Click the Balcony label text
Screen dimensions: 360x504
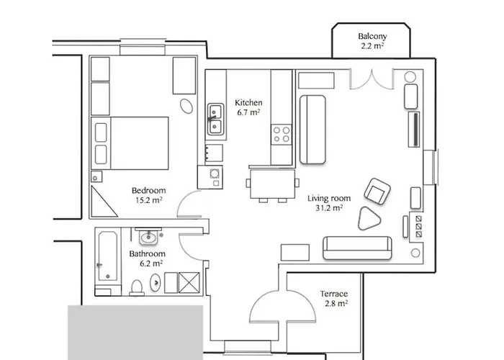point(373,42)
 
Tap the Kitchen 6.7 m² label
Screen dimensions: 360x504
point(248,107)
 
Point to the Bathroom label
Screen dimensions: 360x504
point(147,258)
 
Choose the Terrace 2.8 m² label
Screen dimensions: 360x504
point(334,299)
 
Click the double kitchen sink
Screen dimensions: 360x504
point(215,120)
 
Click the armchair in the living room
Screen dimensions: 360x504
point(377,191)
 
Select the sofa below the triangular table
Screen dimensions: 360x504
point(358,247)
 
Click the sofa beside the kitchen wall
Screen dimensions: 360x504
point(312,128)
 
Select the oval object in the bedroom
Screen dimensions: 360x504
point(186,106)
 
